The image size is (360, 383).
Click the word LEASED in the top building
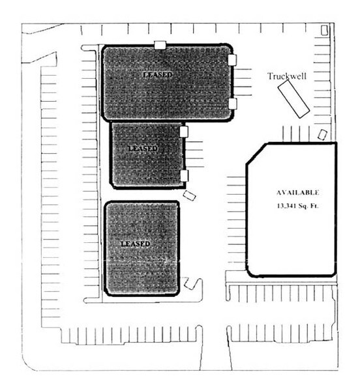pyautogui.click(x=158, y=74)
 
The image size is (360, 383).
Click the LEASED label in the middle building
pyautogui.click(x=143, y=149)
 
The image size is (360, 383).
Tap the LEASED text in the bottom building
pyautogui.click(x=136, y=244)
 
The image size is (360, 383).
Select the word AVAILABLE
pyautogui.click(x=297, y=193)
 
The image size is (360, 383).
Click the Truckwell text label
pyautogui.click(x=287, y=76)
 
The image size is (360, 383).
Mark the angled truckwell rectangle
pyautogui.click(x=293, y=99)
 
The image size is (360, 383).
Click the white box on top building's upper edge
pyautogui.click(x=160, y=45)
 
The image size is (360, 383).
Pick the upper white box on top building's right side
pyautogui.click(x=232, y=60)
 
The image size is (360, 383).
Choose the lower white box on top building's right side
pyautogui.click(x=233, y=104)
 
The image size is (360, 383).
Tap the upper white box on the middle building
pyautogui.click(x=184, y=132)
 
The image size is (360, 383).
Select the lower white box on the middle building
pyautogui.click(x=185, y=176)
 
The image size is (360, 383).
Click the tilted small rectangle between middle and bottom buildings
pyautogui.click(x=190, y=195)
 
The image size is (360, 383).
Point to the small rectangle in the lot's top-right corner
pyautogui.click(x=324, y=30)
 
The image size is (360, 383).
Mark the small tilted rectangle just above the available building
pyautogui.click(x=322, y=135)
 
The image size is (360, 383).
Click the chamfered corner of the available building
pyautogui.click(x=257, y=154)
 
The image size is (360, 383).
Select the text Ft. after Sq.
pyautogui.click(x=314, y=206)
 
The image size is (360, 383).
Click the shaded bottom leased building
pyautogui.click(x=142, y=248)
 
